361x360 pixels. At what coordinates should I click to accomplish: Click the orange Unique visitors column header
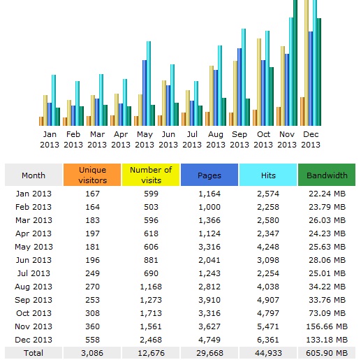92,175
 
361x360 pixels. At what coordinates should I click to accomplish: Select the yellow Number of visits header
151,175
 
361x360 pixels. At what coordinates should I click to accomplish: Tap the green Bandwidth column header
327,175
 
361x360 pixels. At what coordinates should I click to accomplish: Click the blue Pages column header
209,175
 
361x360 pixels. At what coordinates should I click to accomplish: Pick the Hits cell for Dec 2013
268,340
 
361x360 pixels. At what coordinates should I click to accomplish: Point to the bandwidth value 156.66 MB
327,326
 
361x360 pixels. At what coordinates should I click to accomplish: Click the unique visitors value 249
92,273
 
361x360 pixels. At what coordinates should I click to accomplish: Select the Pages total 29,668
209,353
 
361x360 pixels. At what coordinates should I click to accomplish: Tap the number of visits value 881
151,260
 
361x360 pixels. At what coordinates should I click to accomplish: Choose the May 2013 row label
34,247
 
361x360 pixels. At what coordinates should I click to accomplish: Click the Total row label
34,353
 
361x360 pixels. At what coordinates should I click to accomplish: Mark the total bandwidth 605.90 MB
327,353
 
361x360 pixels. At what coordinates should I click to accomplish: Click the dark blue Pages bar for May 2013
145,93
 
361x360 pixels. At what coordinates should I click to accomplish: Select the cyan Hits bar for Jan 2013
54,100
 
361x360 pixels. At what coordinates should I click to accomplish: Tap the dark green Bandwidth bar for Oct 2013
272,96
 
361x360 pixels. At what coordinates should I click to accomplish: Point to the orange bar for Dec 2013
302,111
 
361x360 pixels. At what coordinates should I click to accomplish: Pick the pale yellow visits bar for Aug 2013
212,96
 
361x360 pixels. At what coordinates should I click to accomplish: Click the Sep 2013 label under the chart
240,139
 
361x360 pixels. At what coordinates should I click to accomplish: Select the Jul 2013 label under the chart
192,139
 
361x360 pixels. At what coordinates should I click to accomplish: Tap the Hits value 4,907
268,300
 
